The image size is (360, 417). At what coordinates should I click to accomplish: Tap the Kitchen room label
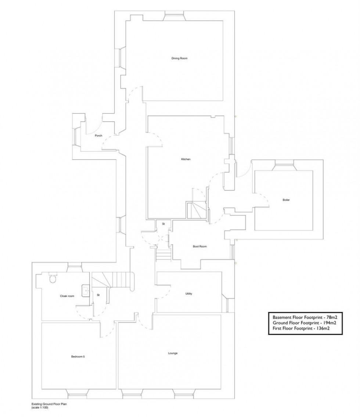[186, 159]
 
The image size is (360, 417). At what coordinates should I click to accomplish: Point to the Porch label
[98, 136]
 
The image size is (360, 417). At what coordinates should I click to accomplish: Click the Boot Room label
[200, 247]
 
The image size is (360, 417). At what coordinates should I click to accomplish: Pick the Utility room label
[189, 294]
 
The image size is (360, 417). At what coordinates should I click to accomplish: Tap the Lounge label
[173, 353]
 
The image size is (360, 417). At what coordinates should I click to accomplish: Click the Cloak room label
[67, 296]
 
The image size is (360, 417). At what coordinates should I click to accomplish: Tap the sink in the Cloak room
[86, 290]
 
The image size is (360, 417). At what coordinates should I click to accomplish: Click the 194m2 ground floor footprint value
[329, 323]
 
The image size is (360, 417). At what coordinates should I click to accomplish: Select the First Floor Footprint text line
[300, 329]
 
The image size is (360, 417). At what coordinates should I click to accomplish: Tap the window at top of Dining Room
[174, 14]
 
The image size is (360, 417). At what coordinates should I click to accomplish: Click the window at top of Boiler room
[285, 165]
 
